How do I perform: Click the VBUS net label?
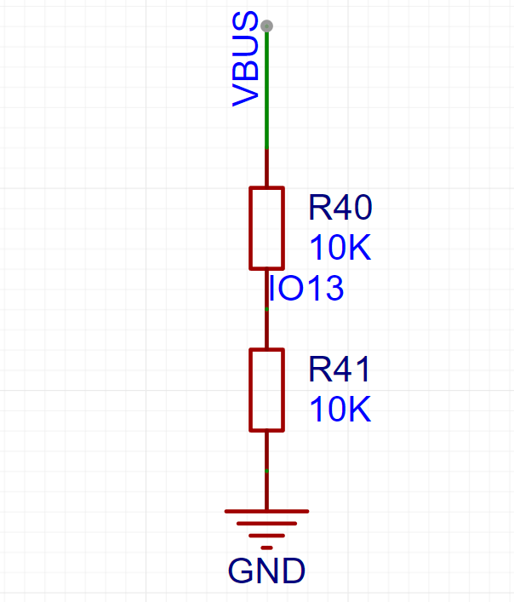coord(245,59)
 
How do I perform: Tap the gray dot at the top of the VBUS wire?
coord(266,26)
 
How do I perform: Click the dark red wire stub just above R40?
coord(266,168)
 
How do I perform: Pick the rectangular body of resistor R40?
coord(266,228)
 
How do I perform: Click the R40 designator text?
coord(340,207)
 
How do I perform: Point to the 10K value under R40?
coord(340,248)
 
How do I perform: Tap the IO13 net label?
coord(306,288)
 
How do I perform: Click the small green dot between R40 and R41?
coord(266,309)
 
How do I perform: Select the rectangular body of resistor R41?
coord(266,390)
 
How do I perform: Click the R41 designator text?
coord(339,370)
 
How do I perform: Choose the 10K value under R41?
coord(340,410)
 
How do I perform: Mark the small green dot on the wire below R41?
coord(266,471)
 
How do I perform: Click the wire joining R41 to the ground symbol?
coord(266,471)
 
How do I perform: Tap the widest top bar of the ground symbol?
coord(266,512)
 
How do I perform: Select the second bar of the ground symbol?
coord(266,524)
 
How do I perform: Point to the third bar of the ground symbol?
coord(266,536)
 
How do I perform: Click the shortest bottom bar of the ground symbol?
coord(266,548)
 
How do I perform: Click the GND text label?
coord(266,571)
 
